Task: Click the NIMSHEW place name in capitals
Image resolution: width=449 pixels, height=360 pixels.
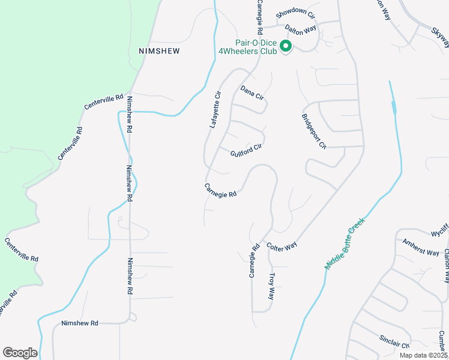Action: [159, 51]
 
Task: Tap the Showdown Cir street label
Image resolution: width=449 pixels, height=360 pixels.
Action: [295, 14]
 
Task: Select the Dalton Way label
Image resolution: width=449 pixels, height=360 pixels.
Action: [300, 28]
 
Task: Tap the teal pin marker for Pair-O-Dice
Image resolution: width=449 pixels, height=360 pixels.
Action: [286, 45]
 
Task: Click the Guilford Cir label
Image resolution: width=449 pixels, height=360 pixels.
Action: [246, 150]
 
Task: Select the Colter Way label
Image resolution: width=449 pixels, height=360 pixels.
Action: [282, 247]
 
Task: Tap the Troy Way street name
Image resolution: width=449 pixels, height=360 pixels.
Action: [271, 287]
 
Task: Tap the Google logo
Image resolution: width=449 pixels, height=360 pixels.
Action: [20, 353]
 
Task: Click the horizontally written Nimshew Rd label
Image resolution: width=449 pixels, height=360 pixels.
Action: [79, 323]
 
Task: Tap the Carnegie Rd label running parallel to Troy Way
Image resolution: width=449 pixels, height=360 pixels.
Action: [254, 260]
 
